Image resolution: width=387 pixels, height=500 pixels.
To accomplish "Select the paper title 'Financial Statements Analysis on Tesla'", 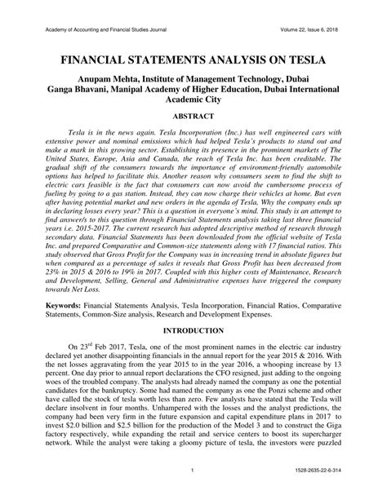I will point(193,60).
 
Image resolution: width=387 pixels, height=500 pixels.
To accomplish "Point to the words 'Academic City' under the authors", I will point(193,103).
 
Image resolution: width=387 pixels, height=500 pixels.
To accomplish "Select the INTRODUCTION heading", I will point(193,331).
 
